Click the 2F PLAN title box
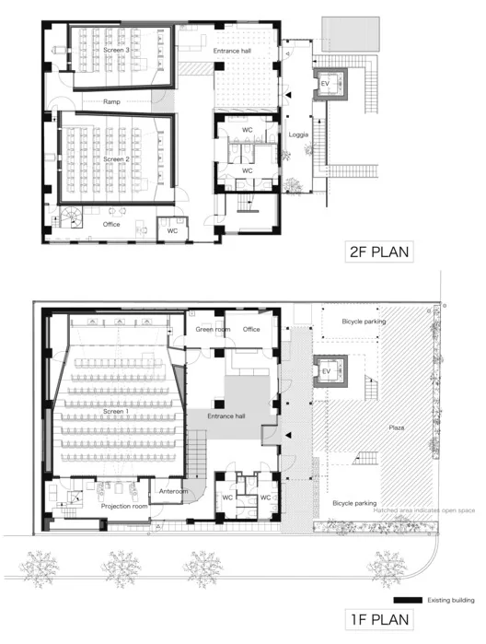pyautogui.click(x=379, y=252)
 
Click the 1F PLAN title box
pyautogui.click(x=379, y=619)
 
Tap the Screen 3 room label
pyautogui.click(x=116, y=50)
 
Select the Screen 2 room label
pyautogui.click(x=116, y=159)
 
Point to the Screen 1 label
pyautogui.click(x=116, y=411)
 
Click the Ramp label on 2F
pyautogui.click(x=111, y=101)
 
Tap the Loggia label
pyautogui.click(x=298, y=135)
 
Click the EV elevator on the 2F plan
pyautogui.click(x=330, y=84)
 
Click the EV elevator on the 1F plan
pyautogui.click(x=330, y=371)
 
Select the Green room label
pyautogui.click(x=213, y=330)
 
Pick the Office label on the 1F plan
pyautogui.click(x=251, y=330)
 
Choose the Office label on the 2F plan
pyautogui.click(x=111, y=224)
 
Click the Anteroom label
pyautogui.click(x=173, y=491)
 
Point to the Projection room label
pyautogui.click(x=124, y=507)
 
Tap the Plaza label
pyautogui.click(x=397, y=427)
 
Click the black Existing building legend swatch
pyautogui.click(x=408, y=600)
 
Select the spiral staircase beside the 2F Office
pyautogui.click(x=72, y=217)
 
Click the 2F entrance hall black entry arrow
pyautogui.click(x=289, y=95)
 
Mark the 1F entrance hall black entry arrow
pyautogui.click(x=289, y=435)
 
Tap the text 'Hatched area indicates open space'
pyautogui.click(x=424, y=510)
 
